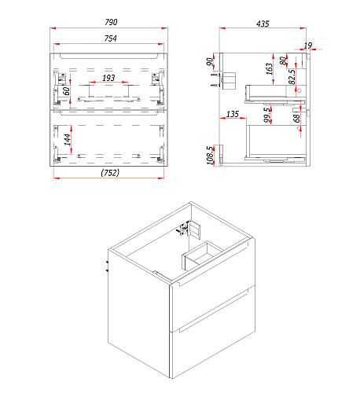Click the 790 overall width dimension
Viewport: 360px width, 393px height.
tap(111, 22)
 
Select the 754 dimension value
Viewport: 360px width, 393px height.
tap(110, 39)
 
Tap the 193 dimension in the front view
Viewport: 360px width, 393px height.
tap(108, 78)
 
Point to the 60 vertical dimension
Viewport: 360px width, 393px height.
tap(67, 91)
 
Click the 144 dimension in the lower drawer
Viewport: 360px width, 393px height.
tap(68, 140)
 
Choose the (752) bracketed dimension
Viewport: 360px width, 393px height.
tap(110, 173)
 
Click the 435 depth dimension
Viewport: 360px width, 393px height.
tap(263, 24)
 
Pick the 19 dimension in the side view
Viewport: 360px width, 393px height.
tap(308, 46)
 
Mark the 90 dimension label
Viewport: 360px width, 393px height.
tap(210, 62)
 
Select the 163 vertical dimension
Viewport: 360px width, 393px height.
tap(269, 68)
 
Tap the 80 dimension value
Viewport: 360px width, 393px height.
tap(283, 61)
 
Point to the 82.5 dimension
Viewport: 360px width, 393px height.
tap(292, 77)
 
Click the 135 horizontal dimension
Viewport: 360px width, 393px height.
tap(233, 114)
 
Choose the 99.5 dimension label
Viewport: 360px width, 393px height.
tap(267, 115)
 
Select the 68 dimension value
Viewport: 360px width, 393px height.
tap(296, 119)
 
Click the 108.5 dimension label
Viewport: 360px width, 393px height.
tap(210, 155)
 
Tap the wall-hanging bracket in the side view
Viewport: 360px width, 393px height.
tap(229, 81)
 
